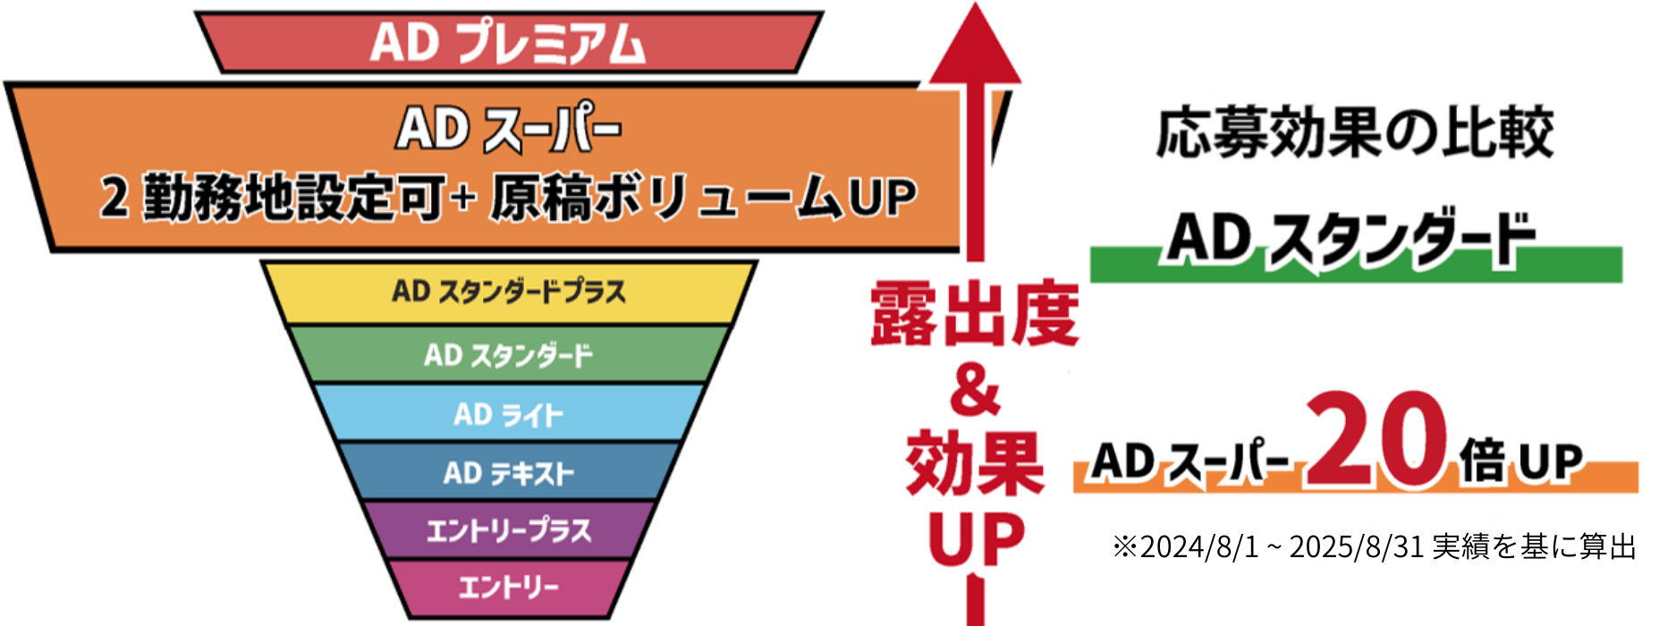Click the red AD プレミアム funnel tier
508,42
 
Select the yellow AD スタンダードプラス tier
508,292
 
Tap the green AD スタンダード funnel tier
508,355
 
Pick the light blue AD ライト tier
508,414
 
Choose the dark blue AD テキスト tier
508,472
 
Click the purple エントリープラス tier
508,530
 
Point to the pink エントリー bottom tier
508,588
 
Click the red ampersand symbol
975,393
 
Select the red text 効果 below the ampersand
975,462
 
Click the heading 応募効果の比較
1354,133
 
